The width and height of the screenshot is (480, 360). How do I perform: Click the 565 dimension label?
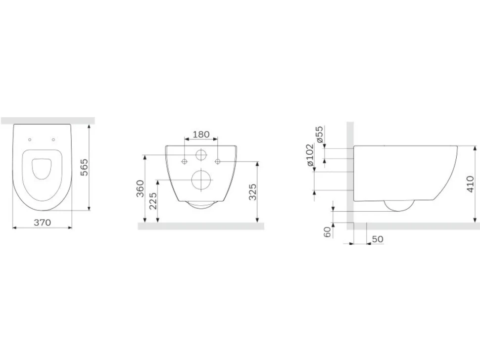pyautogui.click(x=84, y=167)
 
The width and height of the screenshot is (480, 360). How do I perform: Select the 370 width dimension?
pyautogui.click(x=42, y=223)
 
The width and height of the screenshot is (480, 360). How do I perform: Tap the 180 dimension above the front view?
pyautogui.click(x=201, y=135)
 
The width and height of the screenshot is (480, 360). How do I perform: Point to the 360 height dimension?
pyautogui.click(x=140, y=188)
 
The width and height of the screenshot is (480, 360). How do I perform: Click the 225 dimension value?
pyautogui.click(x=153, y=200)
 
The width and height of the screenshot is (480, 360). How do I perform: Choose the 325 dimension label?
pyautogui.click(x=252, y=192)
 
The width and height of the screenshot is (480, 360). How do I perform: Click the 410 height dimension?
pyautogui.click(x=471, y=184)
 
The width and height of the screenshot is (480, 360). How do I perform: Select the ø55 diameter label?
pyautogui.click(x=319, y=134)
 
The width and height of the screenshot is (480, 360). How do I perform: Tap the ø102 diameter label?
pyautogui.click(x=310, y=155)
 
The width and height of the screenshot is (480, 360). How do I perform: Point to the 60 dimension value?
pyautogui.click(x=328, y=232)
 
